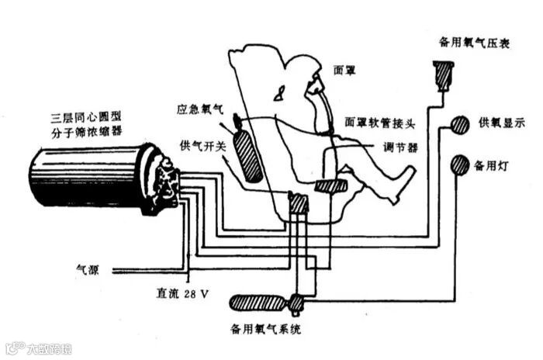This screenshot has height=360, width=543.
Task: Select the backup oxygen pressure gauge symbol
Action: pos(444,74)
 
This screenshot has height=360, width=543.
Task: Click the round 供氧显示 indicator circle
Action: pos(460,124)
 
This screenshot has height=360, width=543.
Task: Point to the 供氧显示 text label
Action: pos(502,123)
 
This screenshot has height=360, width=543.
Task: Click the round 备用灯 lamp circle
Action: pos(461,164)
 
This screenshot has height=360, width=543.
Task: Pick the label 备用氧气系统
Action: pos(266,329)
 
